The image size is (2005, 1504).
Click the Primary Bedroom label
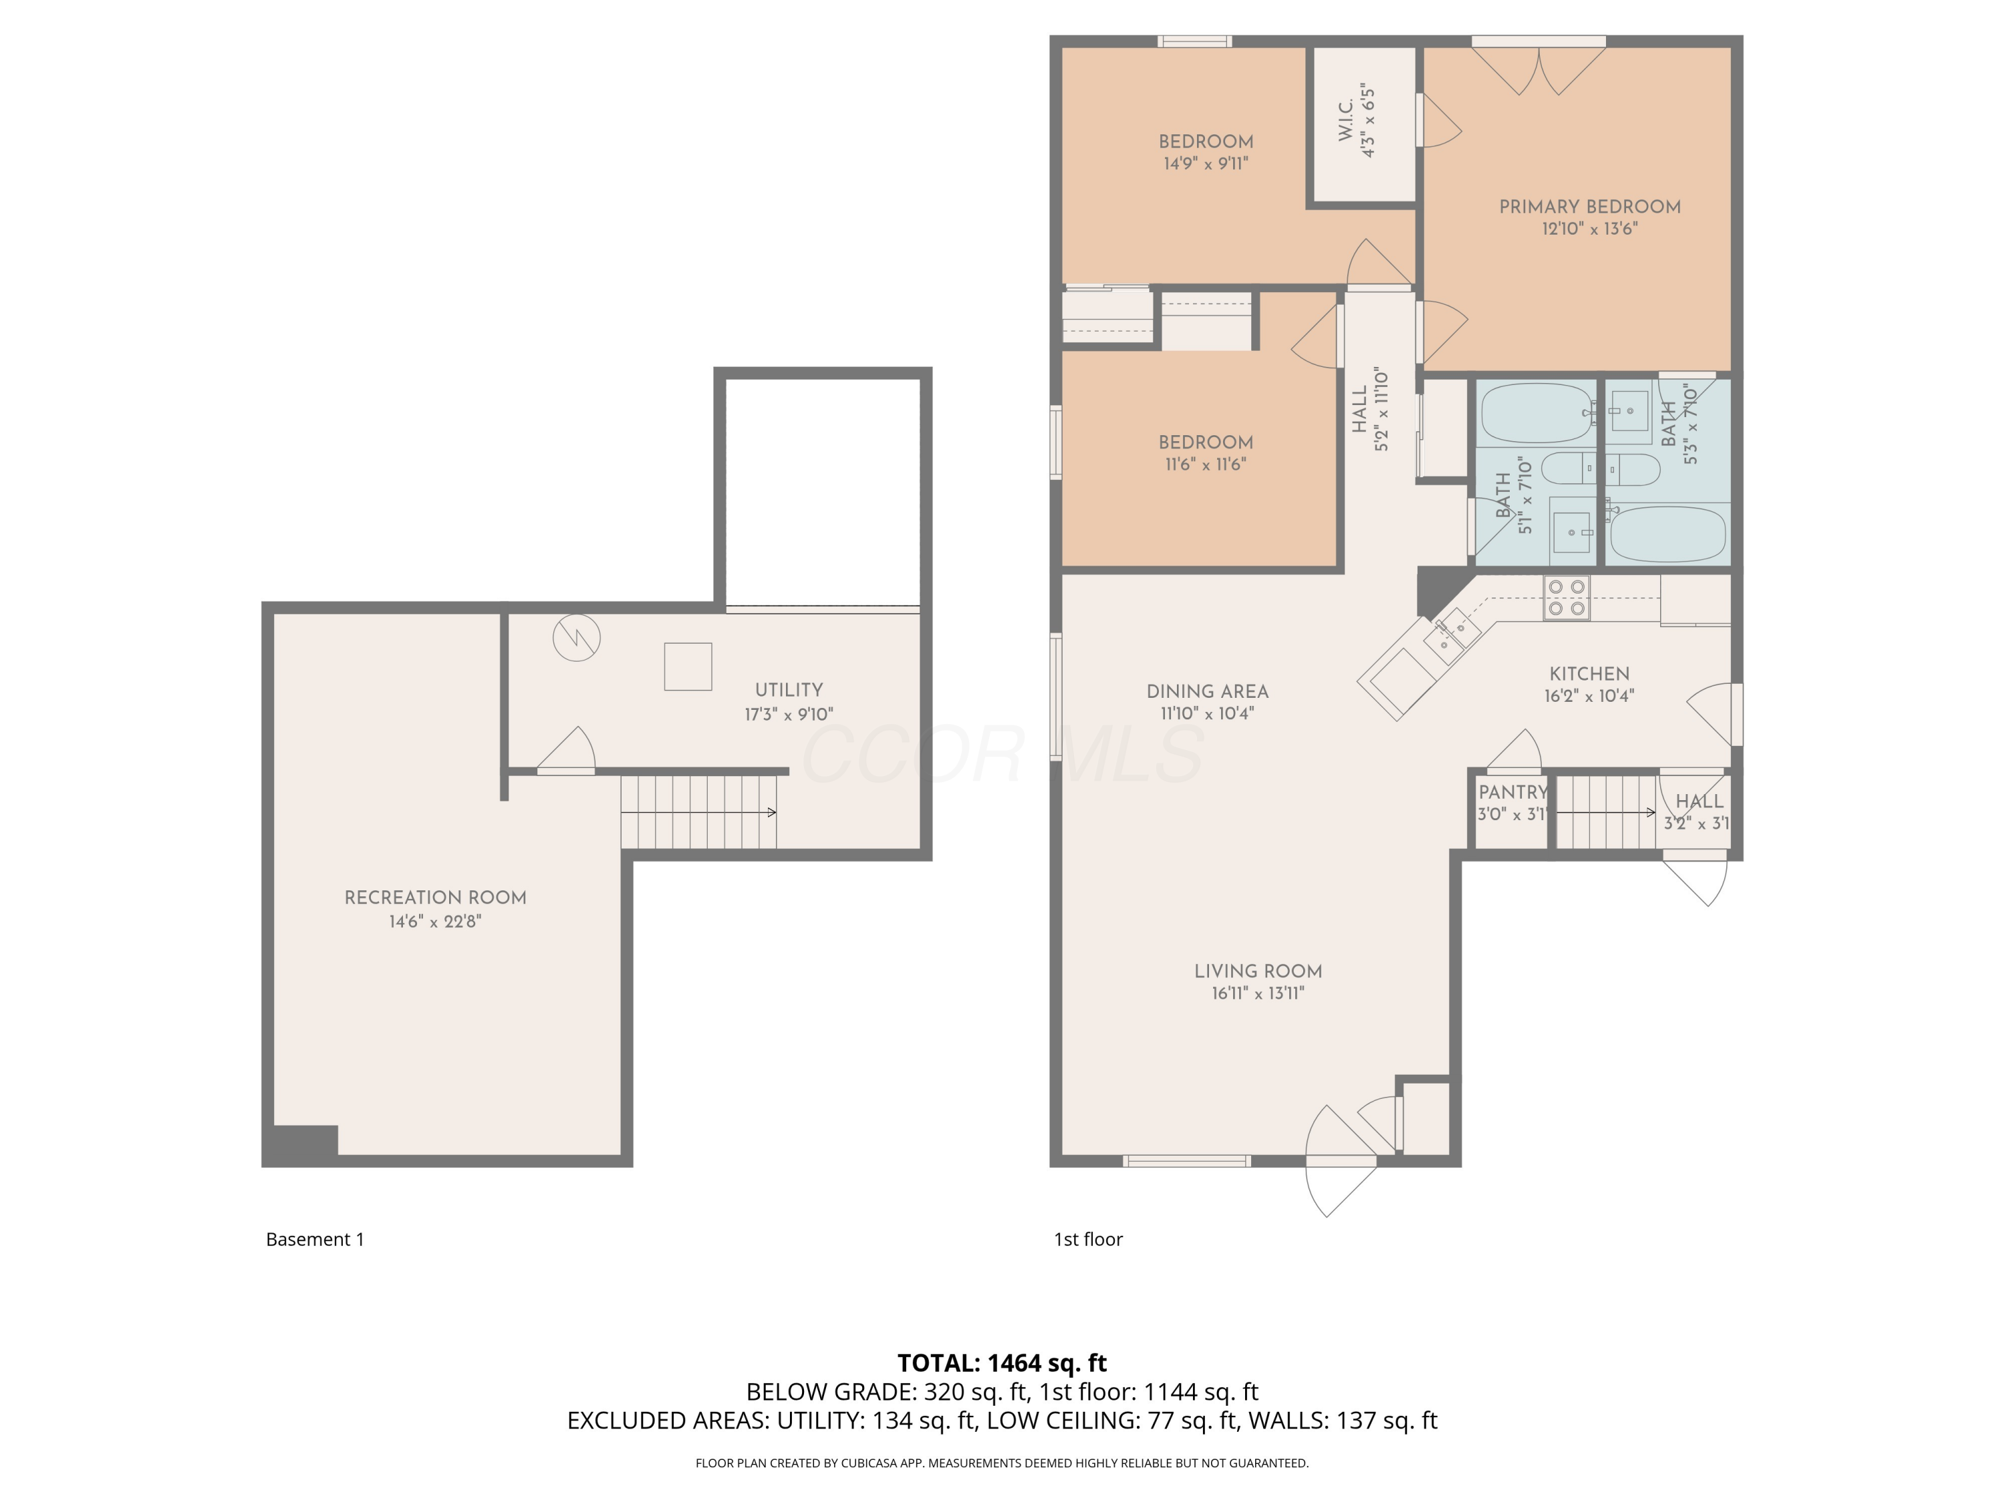coord(1589,207)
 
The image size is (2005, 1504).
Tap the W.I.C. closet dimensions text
coord(1369,122)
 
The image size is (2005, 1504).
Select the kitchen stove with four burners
coord(1567,598)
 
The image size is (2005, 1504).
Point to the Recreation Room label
coord(435,898)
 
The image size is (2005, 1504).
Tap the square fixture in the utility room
coord(687,666)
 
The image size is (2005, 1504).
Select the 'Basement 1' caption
coord(315,1239)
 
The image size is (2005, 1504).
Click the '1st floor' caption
coord(1087,1239)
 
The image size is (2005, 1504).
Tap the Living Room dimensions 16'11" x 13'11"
coord(1257,993)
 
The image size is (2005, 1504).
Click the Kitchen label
coord(1589,674)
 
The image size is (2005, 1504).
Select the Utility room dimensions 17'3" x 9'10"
coord(789,715)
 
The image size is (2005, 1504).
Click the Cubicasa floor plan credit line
coord(1002,1463)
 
